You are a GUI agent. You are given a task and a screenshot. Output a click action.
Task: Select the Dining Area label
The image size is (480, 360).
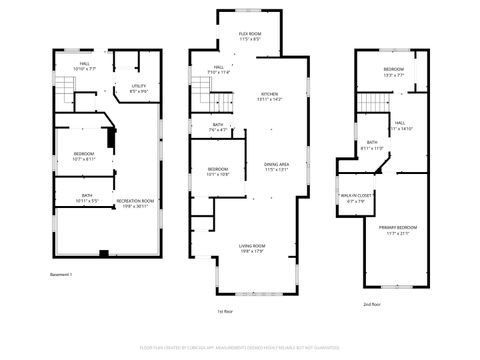pyautogui.click(x=277, y=166)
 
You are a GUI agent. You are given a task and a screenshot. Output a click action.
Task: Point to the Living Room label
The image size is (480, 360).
pyautogui.click(x=251, y=247)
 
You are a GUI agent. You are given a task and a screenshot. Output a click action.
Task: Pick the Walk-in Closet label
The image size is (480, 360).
pyautogui.click(x=357, y=197)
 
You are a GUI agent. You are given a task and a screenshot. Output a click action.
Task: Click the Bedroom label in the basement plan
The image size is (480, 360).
pyautogui.click(x=83, y=155)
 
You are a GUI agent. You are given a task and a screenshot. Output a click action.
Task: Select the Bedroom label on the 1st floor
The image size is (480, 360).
pyautogui.click(x=218, y=171)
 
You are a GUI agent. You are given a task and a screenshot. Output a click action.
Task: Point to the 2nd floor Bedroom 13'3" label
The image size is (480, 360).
pyautogui.click(x=393, y=72)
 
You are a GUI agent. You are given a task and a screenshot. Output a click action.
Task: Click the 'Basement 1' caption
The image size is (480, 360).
pyautogui.click(x=62, y=274)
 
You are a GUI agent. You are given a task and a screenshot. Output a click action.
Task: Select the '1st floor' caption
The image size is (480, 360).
pyautogui.click(x=225, y=311)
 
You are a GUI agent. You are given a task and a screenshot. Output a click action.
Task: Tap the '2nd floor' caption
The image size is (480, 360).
pyautogui.click(x=372, y=303)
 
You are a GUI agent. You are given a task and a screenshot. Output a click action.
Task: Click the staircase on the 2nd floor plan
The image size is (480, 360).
pyautogui.click(x=373, y=101)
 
